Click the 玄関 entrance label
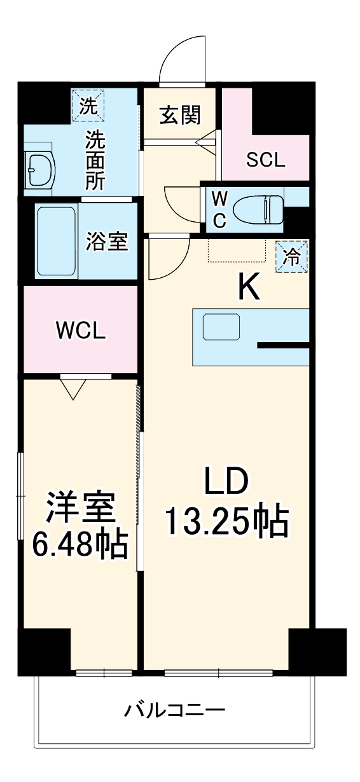180,115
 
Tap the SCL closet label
265,160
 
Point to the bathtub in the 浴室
56,240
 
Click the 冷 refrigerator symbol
291,257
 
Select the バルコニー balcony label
174,709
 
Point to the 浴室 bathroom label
107,242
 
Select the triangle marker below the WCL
74,387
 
